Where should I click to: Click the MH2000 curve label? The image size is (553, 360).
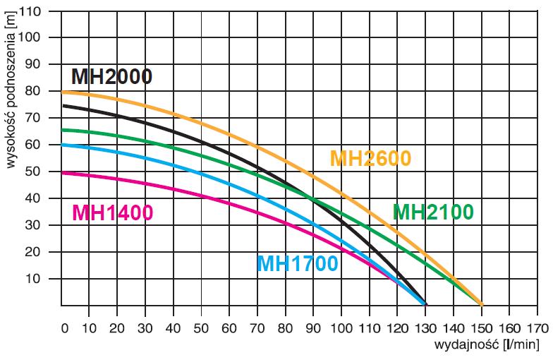click(x=111, y=76)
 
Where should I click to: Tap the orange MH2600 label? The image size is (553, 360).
click(x=370, y=159)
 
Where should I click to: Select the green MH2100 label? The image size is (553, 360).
click(x=433, y=212)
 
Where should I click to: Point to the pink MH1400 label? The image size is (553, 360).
click(x=113, y=212)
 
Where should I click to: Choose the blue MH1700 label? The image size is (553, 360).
click(x=297, y=264)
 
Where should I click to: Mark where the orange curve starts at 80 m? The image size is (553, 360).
click(x=63, y=92)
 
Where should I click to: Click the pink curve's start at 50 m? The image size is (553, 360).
click(x=63, y=173)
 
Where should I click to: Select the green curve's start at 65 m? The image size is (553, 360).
click(x=63, y=130)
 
